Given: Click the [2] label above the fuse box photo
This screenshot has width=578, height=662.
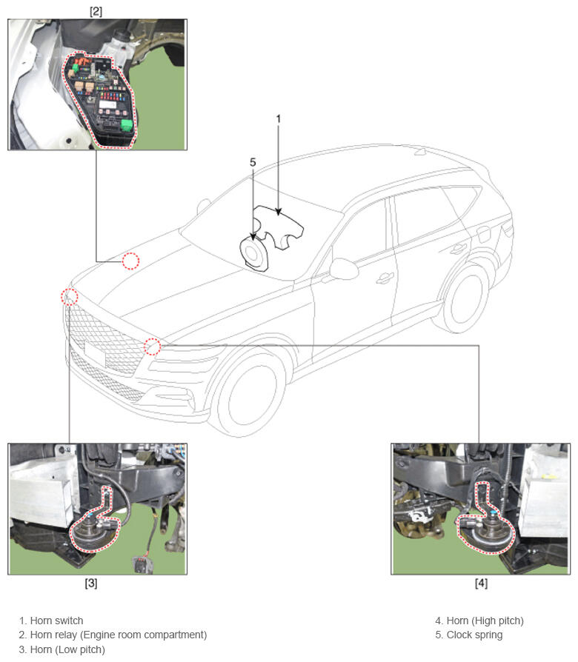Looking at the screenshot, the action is point(96,11).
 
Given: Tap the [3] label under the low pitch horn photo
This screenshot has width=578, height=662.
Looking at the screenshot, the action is point(91,583).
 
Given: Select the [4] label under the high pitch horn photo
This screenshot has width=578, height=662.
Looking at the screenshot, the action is point(481,583).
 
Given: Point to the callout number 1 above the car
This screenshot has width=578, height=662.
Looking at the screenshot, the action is point(279,119).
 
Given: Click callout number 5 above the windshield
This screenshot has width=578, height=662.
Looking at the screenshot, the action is point(253,162).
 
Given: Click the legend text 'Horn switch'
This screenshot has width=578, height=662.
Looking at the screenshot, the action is point(56,621).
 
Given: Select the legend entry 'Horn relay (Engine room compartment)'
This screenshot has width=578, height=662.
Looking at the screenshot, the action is point(119,635).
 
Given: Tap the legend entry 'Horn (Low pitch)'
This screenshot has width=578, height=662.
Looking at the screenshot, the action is point(67,649).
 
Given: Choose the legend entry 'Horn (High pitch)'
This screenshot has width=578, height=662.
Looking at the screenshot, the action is point(485,621).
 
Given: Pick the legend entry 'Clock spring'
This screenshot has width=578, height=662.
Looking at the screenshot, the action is point(474,635).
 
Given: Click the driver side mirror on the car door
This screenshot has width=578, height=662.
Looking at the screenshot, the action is point(344,269).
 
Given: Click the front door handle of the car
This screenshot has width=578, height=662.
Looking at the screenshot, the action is point(385,278).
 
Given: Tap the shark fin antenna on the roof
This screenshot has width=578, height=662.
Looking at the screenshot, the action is point(420,152).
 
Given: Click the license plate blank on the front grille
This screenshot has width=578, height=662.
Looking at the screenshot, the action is point(95,352).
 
